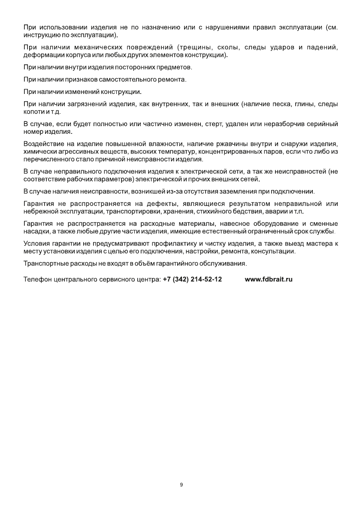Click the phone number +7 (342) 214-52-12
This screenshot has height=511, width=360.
[x=192, y=279]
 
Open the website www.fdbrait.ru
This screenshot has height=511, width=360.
[x=269, y=279]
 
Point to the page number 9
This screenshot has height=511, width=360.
[x=181, y=485]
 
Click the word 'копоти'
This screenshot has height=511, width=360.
[x=34, y=112]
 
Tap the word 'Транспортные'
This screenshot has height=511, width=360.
[x=45, y=263]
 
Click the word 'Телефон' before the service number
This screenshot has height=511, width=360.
[x=37, y=279]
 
